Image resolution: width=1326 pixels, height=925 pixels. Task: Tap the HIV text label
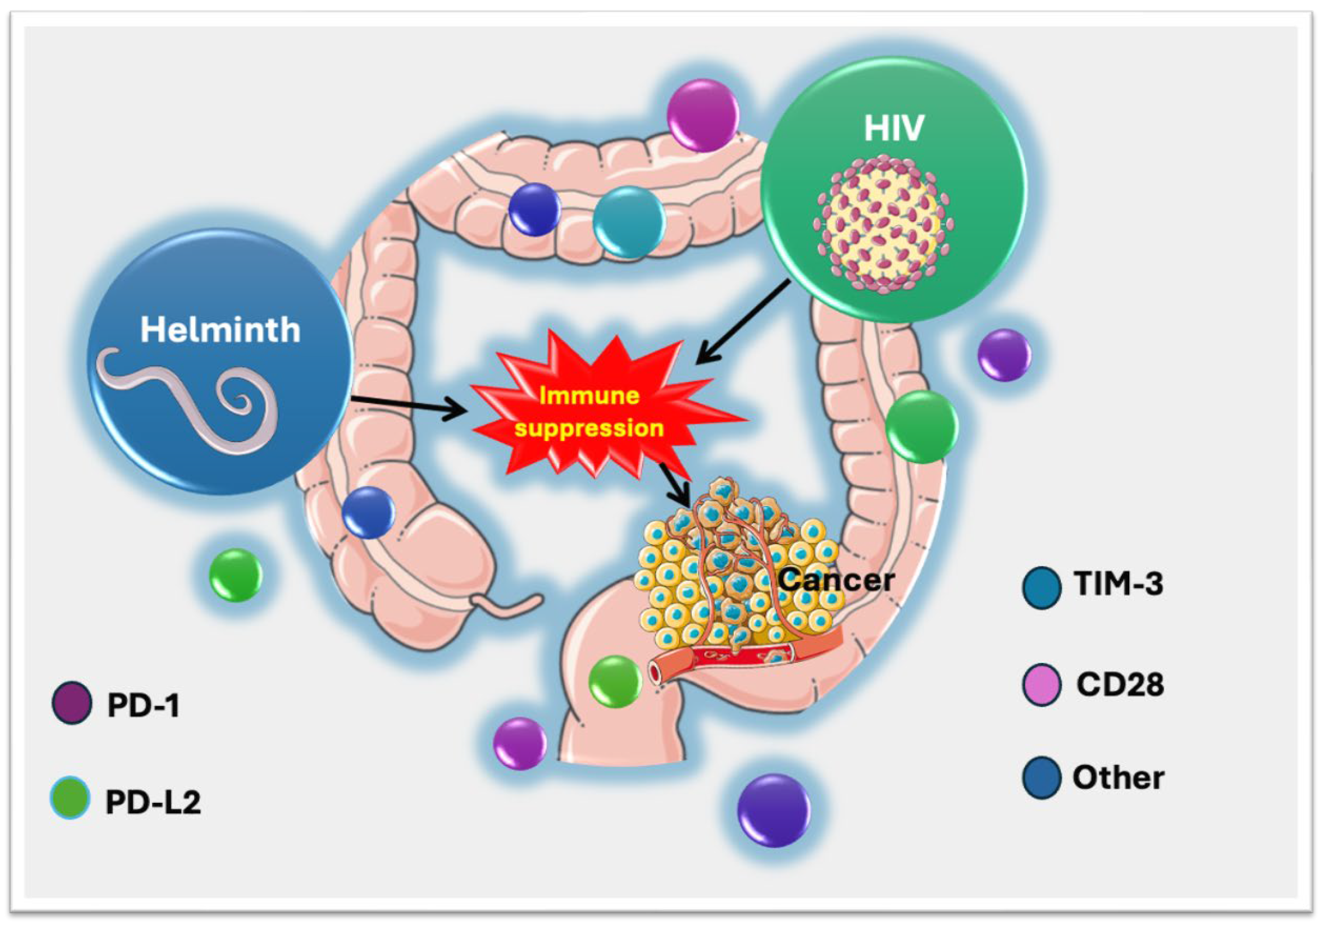(894, 128)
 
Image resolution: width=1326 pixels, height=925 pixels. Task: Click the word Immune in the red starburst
(588, 396)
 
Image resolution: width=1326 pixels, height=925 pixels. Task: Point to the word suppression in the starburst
(588, 429)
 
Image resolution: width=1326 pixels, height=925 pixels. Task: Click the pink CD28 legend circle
(1041, 685)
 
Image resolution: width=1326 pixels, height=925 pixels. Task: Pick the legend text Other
(1118, 778)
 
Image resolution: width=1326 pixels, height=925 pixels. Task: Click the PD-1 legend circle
(72, 703)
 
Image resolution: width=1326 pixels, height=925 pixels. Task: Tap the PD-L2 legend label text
(153, 802)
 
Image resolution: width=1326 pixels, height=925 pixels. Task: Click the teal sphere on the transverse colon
(629, 222)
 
